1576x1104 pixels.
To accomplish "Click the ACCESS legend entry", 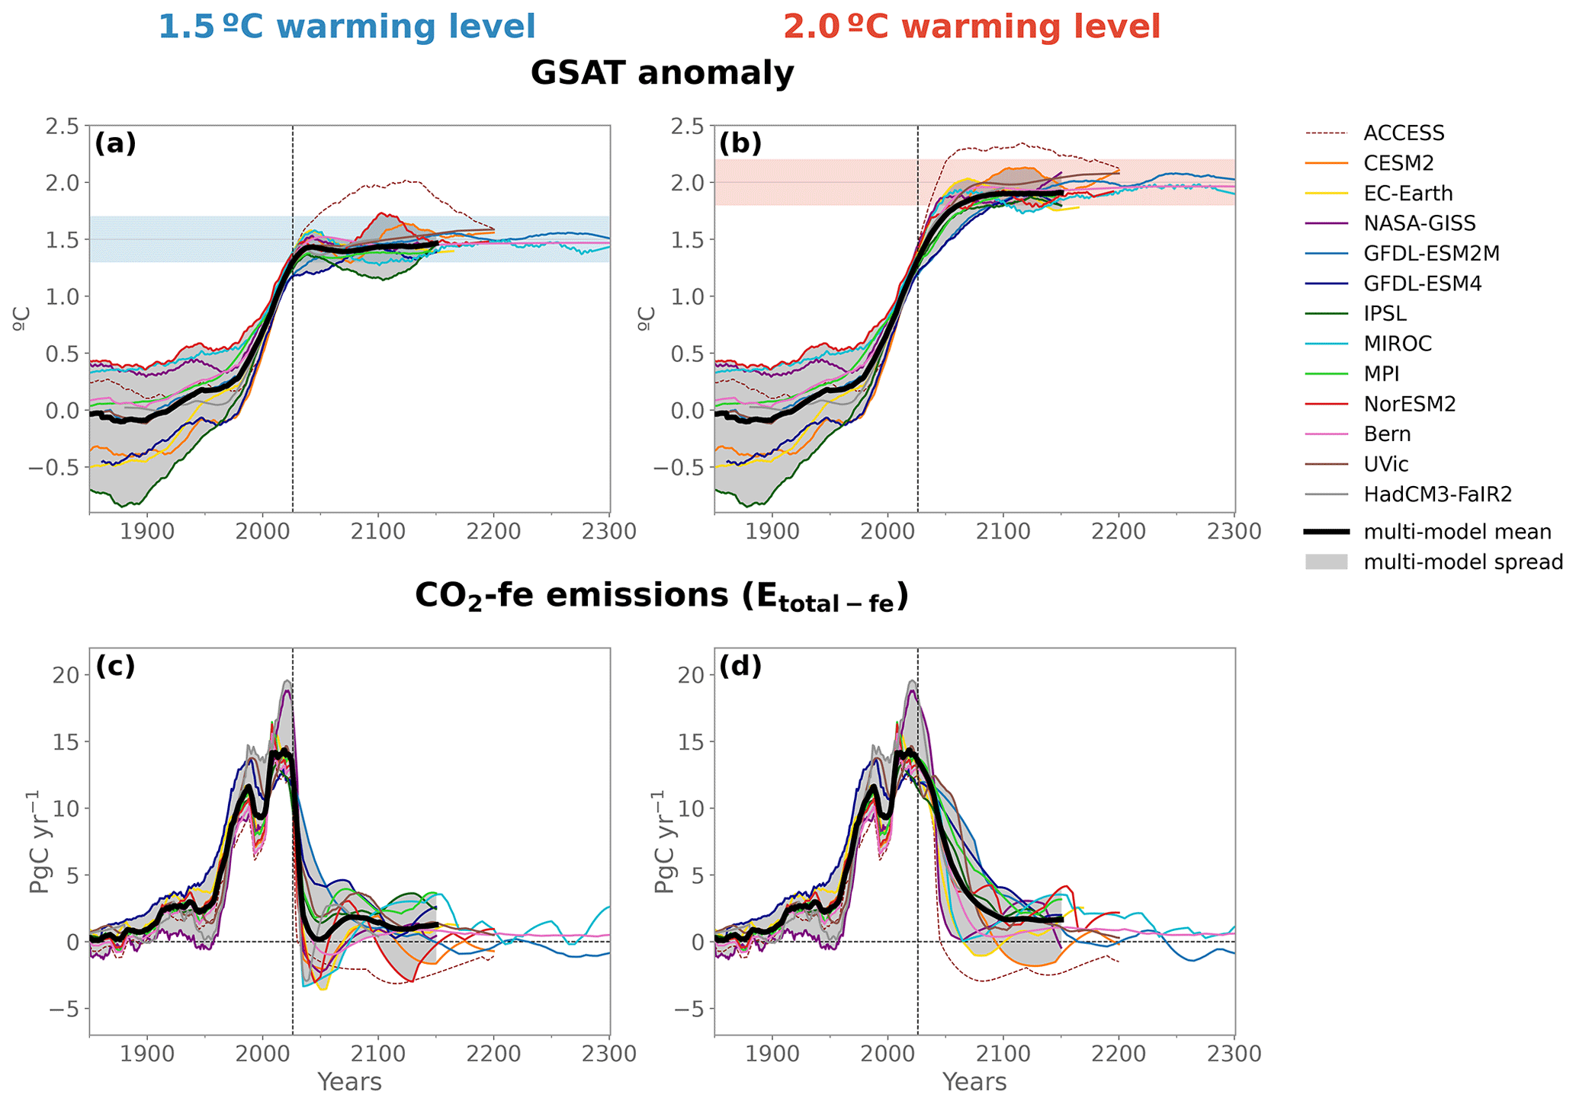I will click(1403, 133).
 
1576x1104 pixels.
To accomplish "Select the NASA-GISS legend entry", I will click(1419, 223).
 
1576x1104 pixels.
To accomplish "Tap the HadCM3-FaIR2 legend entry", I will click(1437, 494).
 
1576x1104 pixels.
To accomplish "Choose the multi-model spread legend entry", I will click(1463, 562).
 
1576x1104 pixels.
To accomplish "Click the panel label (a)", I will click(115, 143).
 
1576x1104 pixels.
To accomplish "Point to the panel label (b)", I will click(740, 143).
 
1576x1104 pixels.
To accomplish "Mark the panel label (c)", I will click(115, 666).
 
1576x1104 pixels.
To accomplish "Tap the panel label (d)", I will click(740, 666).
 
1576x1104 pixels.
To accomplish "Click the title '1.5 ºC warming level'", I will click(347, 27).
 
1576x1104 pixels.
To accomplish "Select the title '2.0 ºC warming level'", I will click(972, 27).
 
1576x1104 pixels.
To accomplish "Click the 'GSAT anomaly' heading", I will click(662, 74).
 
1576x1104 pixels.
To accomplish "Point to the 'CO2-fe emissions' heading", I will click(662, 597).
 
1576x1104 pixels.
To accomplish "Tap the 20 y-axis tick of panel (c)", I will click(66, 675).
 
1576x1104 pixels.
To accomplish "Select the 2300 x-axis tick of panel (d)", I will click(1234, 1054).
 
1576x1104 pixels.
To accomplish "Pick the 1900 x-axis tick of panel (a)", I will click(147, 532).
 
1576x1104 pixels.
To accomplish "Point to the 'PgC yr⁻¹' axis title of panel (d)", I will click(664, 841).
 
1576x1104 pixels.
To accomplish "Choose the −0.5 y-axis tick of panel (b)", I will click(676, 467).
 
